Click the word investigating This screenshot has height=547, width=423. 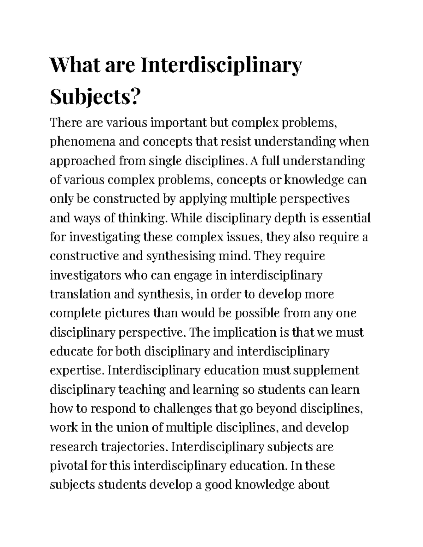(x=105, y=237)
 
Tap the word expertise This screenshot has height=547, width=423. (x=78, y=371)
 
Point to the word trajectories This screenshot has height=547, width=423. (x=133, y=447)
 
